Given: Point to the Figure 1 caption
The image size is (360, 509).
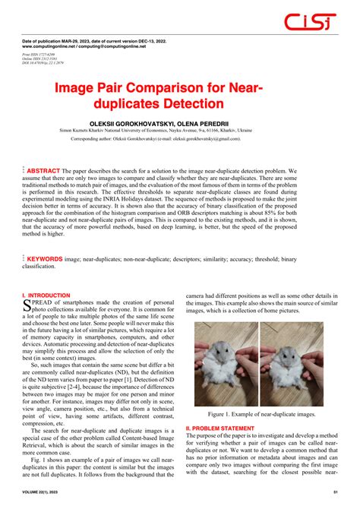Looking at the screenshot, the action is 260,394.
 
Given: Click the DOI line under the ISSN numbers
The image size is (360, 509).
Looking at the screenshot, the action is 49,65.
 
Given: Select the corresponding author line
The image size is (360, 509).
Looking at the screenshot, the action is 179,139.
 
